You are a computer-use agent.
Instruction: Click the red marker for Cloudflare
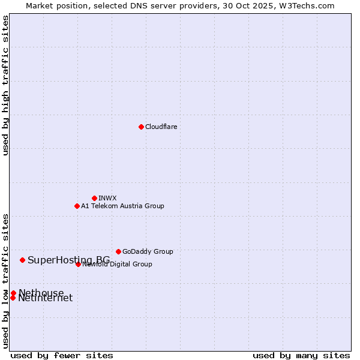coord(141,127)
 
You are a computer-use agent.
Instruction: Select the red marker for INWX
coord(94,198)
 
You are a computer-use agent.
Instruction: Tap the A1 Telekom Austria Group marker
coord(77,206)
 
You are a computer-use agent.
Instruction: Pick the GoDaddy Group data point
coord(118,251)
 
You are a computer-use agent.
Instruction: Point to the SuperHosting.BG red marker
coord(22,260)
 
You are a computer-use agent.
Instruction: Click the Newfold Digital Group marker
coord(78,264)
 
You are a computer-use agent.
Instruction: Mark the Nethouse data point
coord(13,293)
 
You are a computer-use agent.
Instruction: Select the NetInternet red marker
coord(13,298)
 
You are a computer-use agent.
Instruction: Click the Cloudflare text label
coord(161,127)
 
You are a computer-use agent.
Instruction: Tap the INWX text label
coord(107,198)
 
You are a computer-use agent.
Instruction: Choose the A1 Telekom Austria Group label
coord(122,206)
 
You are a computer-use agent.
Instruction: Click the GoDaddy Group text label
coord(148,251)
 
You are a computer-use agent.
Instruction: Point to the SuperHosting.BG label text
coord(68,260)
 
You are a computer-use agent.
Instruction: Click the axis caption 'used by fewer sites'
coord(62,356)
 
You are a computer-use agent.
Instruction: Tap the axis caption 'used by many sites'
coord(301,356)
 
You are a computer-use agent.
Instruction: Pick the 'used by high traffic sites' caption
coord(6,85)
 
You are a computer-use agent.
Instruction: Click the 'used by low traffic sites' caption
coord(6,281)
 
